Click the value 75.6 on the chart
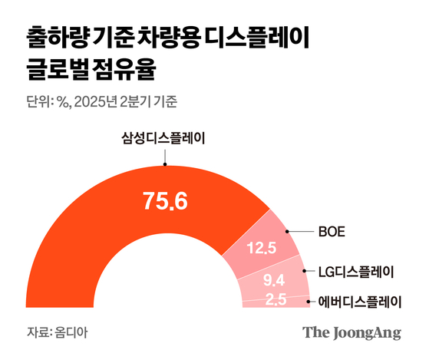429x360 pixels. [166, 201]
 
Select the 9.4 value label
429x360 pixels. [275, 279]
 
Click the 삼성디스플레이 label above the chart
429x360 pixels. [166, 139]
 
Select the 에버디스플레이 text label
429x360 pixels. [360, 301]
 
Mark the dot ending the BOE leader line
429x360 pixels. [286, 230]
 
